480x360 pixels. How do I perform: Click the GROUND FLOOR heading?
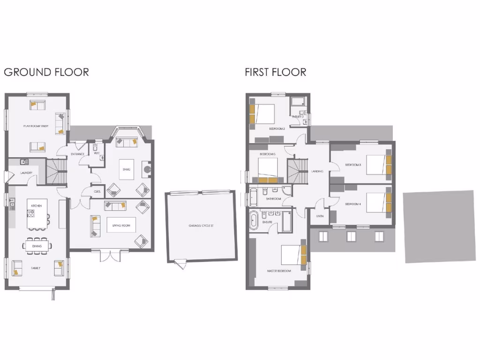46,72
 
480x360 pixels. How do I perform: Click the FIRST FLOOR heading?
275,72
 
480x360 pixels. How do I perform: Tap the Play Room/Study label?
36,126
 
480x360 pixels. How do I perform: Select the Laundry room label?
25,173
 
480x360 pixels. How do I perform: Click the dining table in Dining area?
37,246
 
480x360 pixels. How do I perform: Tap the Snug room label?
126,168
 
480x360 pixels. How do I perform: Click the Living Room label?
120,226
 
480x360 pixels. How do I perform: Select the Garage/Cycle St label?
201,226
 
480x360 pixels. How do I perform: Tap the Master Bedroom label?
279,271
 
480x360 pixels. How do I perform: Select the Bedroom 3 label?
352,165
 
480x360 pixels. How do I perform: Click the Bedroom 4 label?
352,204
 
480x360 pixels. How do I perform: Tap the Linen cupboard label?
320,216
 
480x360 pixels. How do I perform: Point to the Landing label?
317,172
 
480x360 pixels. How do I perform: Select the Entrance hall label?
77,154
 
